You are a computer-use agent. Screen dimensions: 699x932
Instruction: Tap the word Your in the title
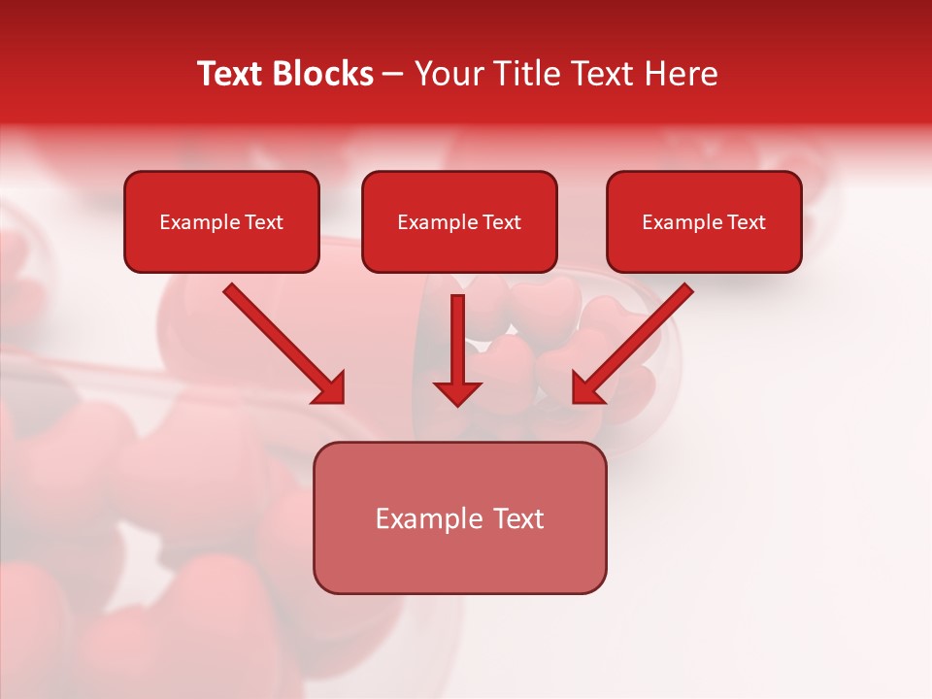point(449,74)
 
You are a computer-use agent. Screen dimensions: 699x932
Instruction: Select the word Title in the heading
point(523,74)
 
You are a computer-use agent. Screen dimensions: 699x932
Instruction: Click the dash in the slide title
point(393,75)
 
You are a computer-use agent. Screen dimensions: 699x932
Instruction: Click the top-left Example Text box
point(221,221)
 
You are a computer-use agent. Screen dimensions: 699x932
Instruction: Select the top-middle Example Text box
point(459,221)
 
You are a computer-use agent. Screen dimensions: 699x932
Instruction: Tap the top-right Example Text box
point(704,221)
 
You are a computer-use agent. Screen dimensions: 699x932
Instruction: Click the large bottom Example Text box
point(459,517)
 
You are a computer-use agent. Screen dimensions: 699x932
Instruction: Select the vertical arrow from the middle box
point(457,345)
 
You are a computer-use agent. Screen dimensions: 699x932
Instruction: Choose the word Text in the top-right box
point(746,221)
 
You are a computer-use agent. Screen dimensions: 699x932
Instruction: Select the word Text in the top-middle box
point(501,221)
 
